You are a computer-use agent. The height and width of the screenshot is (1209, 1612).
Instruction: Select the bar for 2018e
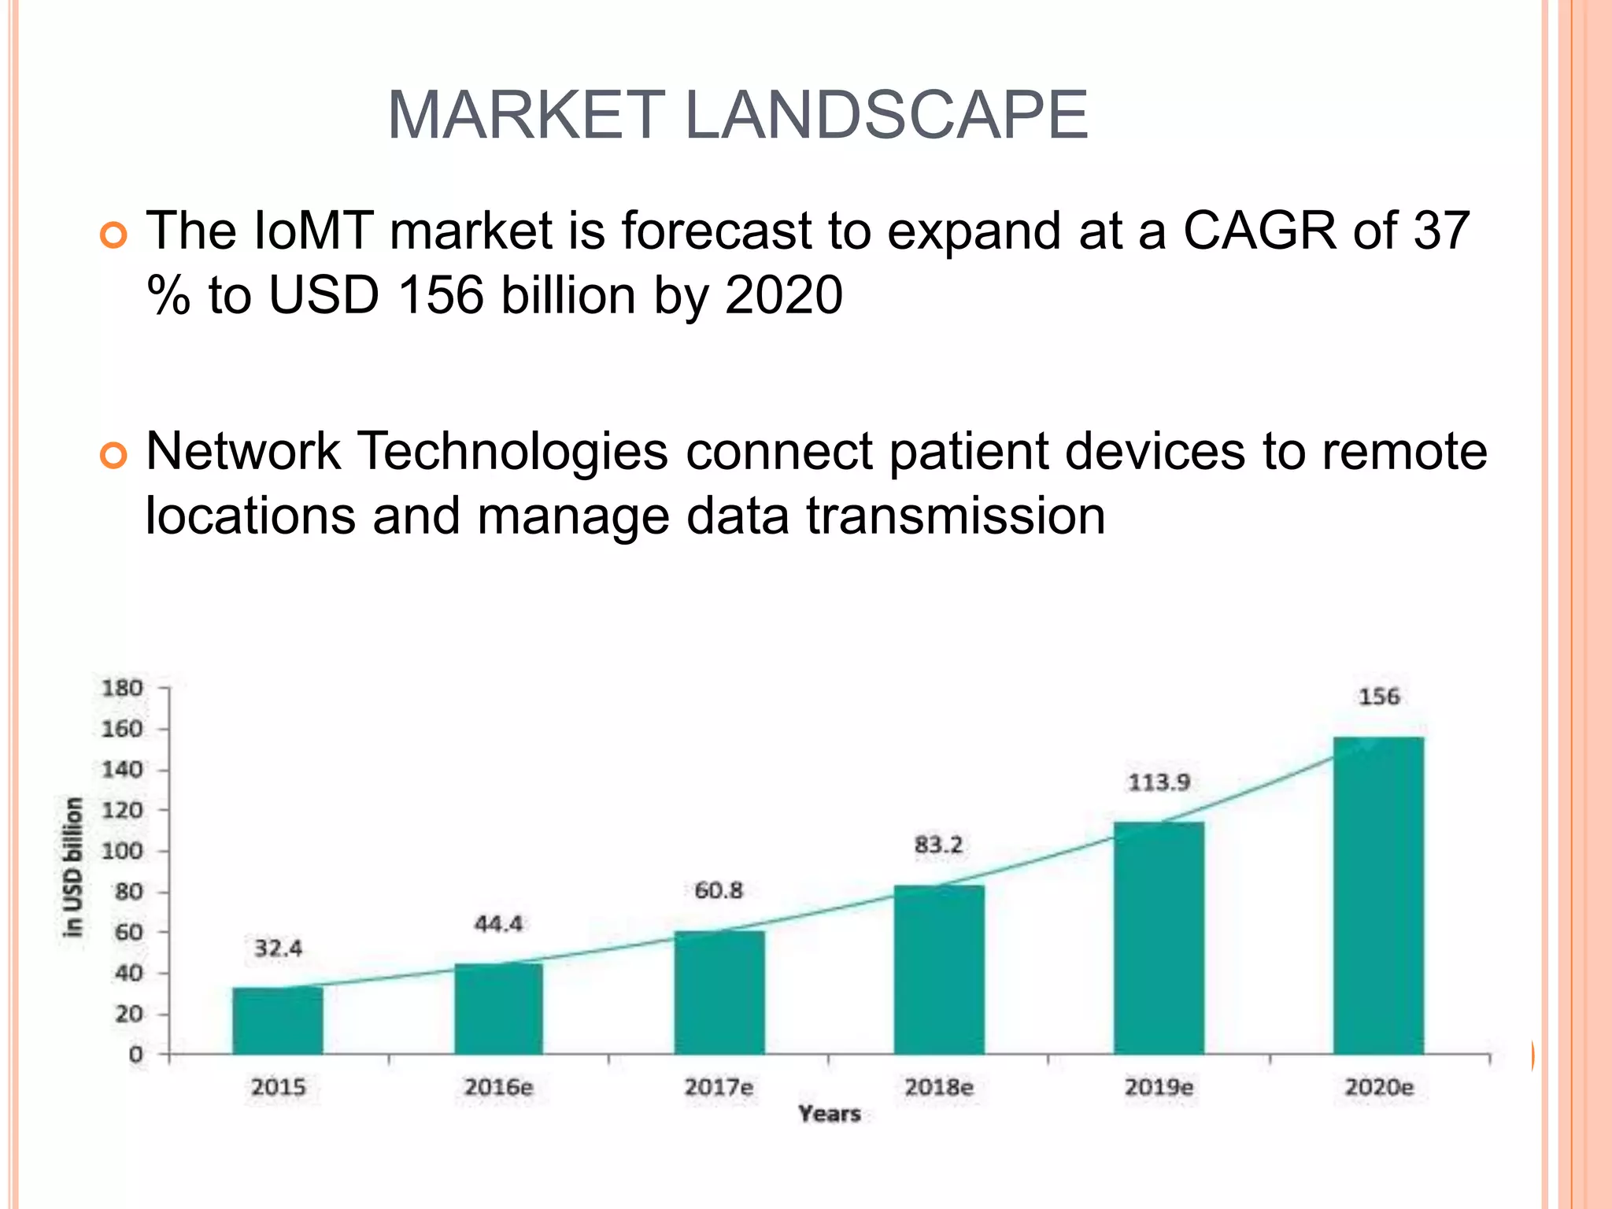(x=939, y=970)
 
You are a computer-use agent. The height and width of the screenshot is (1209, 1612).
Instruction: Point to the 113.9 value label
(x=1159, y=782)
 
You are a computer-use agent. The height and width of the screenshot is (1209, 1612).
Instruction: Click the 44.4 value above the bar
(x=498, y=923)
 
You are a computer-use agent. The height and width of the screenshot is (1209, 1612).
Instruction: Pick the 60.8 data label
(x=719, y=890)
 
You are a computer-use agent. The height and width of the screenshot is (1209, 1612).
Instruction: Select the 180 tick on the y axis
(x=122, y=688)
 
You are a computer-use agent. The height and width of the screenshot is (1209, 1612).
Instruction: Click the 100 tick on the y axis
(x=122, y=851)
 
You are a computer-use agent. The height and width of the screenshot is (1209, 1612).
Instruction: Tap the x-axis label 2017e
(x=719, y=1087)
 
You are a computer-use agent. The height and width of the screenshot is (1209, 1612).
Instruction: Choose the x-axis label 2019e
(x=1159, y=1087)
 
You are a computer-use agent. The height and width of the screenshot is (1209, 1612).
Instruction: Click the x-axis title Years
(x=829, y=1114)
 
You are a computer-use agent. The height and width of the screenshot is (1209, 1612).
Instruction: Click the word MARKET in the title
(x=526, y=115)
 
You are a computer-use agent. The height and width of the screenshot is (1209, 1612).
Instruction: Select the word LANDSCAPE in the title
(x=887, y=115)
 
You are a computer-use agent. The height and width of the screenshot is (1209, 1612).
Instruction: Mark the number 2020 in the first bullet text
(x=783, y=295)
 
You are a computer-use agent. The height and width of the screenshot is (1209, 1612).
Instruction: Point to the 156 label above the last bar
(x=1379, y=697)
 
